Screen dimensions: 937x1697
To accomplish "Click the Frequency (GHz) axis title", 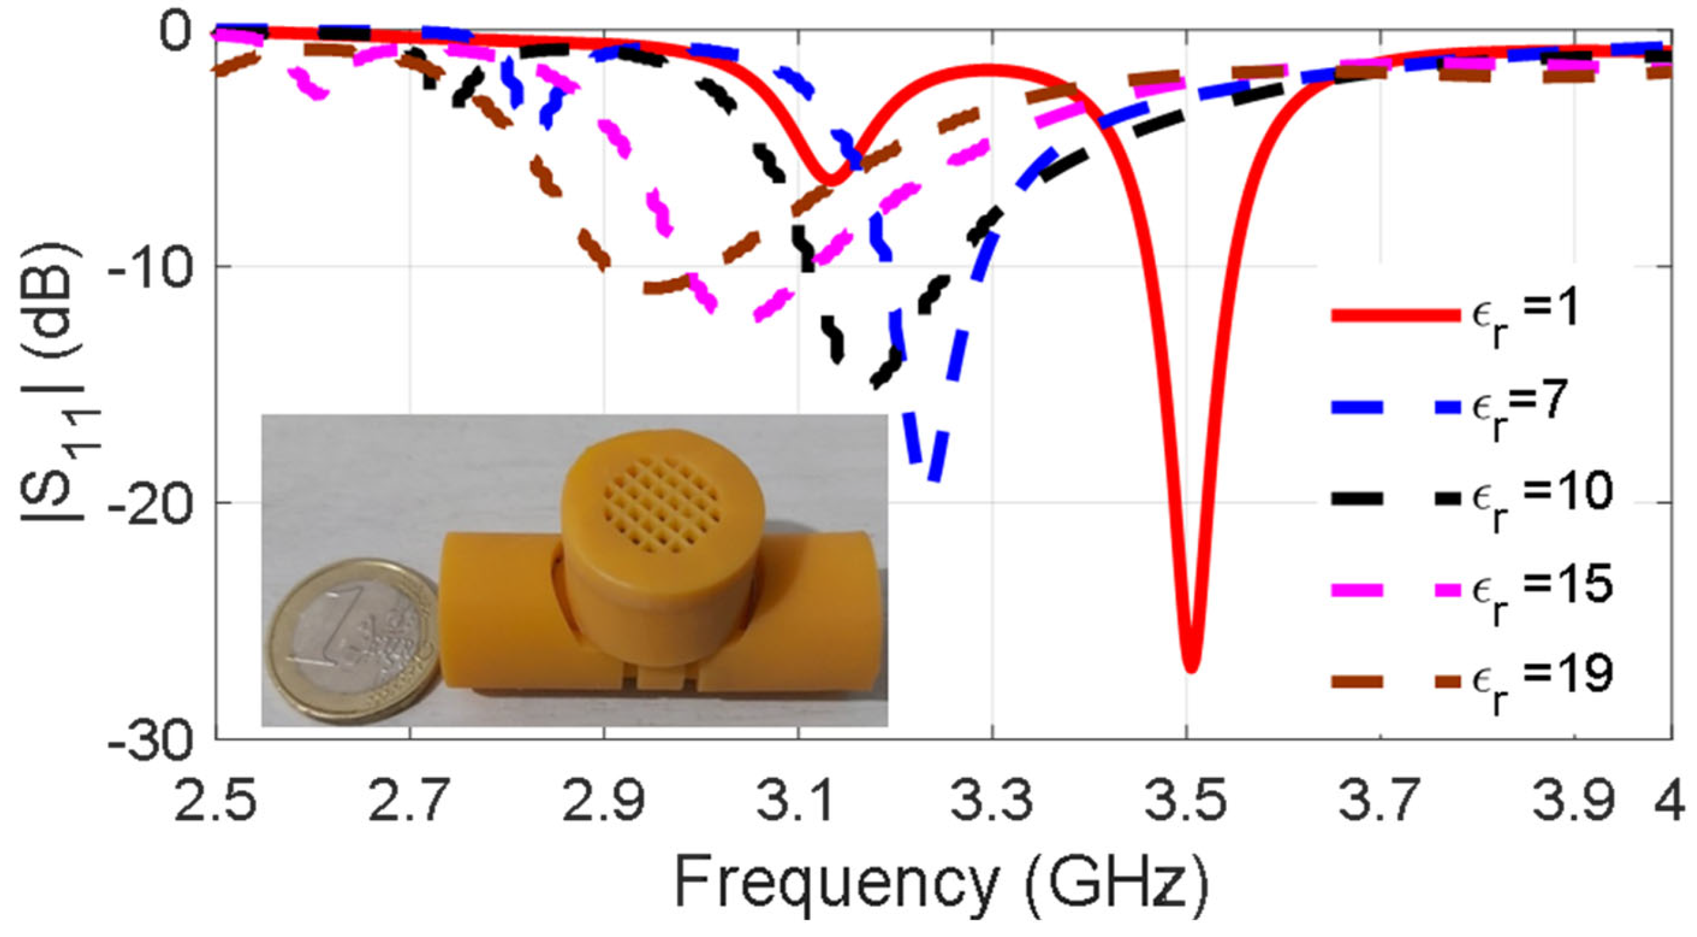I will click(942, 883).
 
